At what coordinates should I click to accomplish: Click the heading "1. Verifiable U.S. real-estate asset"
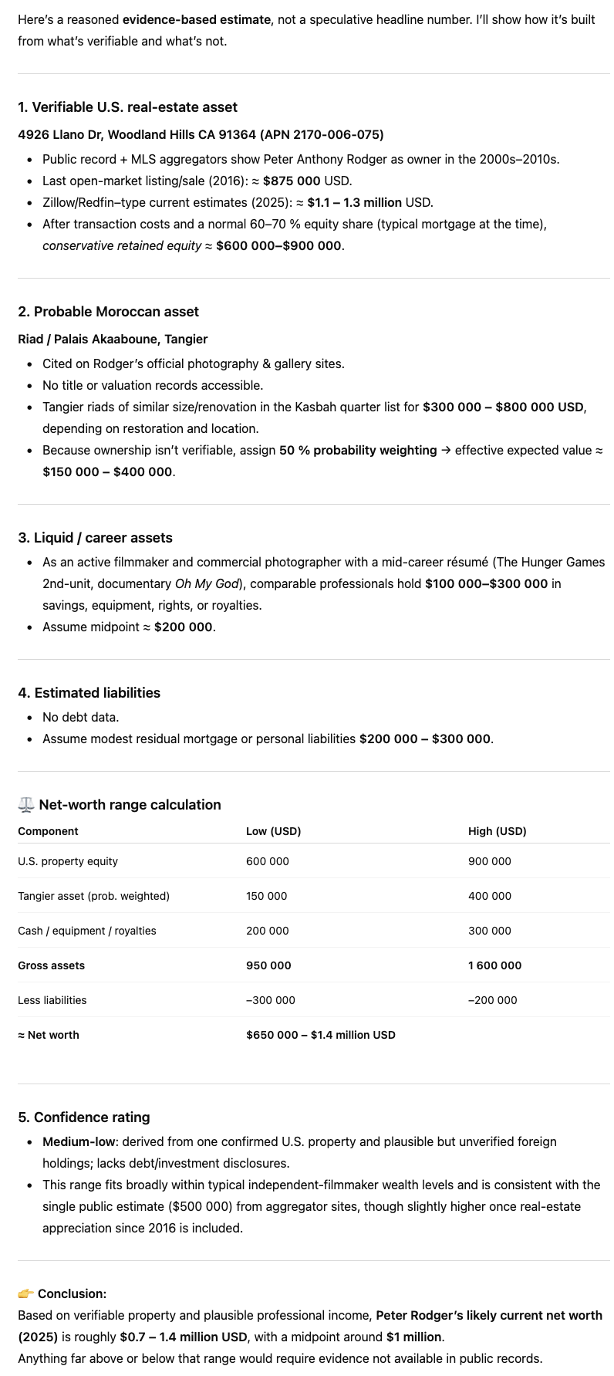[127, 107]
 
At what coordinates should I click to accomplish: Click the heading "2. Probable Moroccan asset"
[108, 312]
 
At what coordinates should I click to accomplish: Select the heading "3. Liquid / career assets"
[95, 538]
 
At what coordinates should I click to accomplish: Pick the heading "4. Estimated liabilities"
[89, 693]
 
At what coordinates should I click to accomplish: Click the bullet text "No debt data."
[81, 717]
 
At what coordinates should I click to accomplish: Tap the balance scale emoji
[26, 805]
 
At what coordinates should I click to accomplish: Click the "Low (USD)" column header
[273, 831]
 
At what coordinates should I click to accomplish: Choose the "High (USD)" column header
[497, 831]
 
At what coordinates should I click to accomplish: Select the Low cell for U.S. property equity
[267, 861]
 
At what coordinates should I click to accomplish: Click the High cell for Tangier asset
[489, 896]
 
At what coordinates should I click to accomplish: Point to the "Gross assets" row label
[51, 965]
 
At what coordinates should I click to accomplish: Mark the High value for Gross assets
[494, 965]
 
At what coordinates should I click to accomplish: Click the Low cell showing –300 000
[270, 1000]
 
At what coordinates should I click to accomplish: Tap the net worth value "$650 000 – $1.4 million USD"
[320, 1035]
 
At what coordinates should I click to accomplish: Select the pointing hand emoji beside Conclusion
[25, 1293]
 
